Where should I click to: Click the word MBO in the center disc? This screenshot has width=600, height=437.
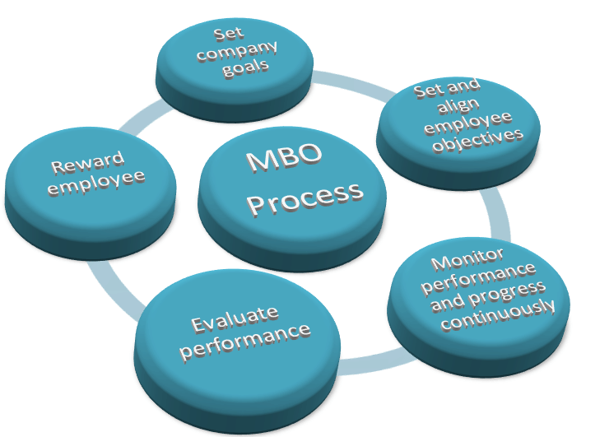point(281,159)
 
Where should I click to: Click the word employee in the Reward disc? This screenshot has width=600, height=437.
point(95,183)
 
